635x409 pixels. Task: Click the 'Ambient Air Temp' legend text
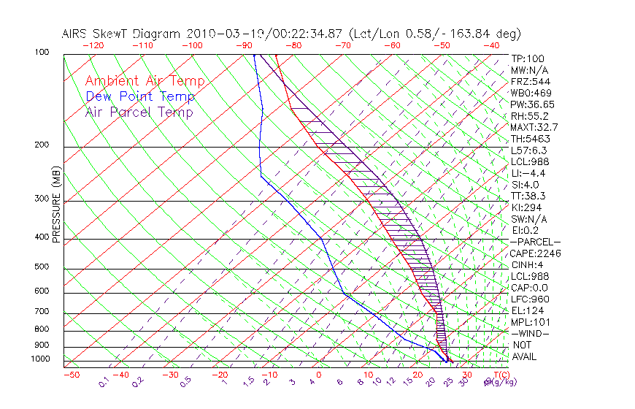coord(145,81)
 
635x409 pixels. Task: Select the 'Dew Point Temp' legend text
coord(140,96)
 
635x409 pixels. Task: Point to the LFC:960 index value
coord(529,299)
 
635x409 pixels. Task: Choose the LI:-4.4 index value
coord(528,173)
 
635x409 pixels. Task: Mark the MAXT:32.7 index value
coord(535,128)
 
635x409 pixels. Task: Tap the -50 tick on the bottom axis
coord(71,375)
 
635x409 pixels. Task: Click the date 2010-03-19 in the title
coord(218,34)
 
